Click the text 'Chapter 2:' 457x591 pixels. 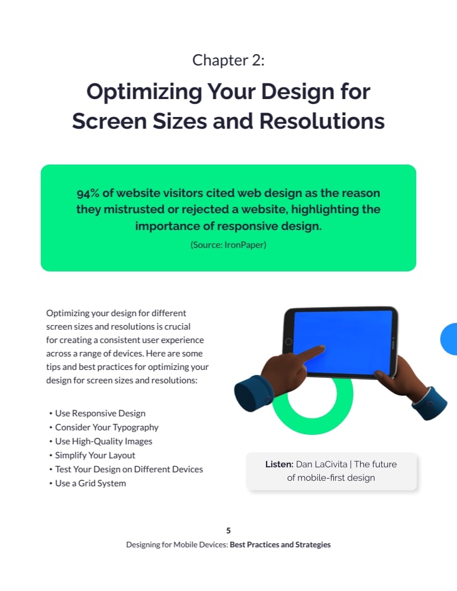228,60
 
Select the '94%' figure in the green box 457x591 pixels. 88,193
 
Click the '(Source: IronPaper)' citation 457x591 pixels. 228,245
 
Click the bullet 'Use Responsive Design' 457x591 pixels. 100,414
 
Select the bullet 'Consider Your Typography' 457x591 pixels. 106,428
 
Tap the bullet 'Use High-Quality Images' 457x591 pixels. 103,442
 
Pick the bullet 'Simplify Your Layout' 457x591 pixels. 95,456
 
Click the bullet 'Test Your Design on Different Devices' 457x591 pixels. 129,470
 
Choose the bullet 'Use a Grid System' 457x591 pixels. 90,484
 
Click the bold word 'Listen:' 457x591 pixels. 279,464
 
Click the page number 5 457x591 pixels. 228,531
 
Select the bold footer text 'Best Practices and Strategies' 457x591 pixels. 280,545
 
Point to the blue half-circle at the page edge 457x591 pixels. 450,339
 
